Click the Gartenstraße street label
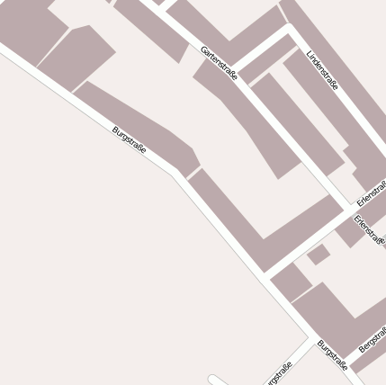click(x=219, y=63)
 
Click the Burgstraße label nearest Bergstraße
click(x=332, y=354)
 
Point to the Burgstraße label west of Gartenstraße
click(x=129, y=139)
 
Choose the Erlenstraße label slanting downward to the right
click(x=369, y=230)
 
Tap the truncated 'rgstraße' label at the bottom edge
click(x=277, y=372)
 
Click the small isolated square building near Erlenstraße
click(x=318, y=255)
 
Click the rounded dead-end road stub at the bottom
click(x=213, y=380)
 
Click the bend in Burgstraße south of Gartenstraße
click(x=177, y=172)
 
